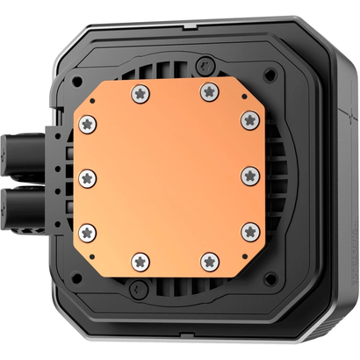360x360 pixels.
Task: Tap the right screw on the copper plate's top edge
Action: [210, 90]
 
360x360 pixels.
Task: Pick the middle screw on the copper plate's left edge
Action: [86, 177]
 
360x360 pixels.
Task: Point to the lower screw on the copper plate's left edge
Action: [86, 232]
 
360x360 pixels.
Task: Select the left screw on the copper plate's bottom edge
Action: [140, 261]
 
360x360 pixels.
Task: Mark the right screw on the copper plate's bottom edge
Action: [210, 261]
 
